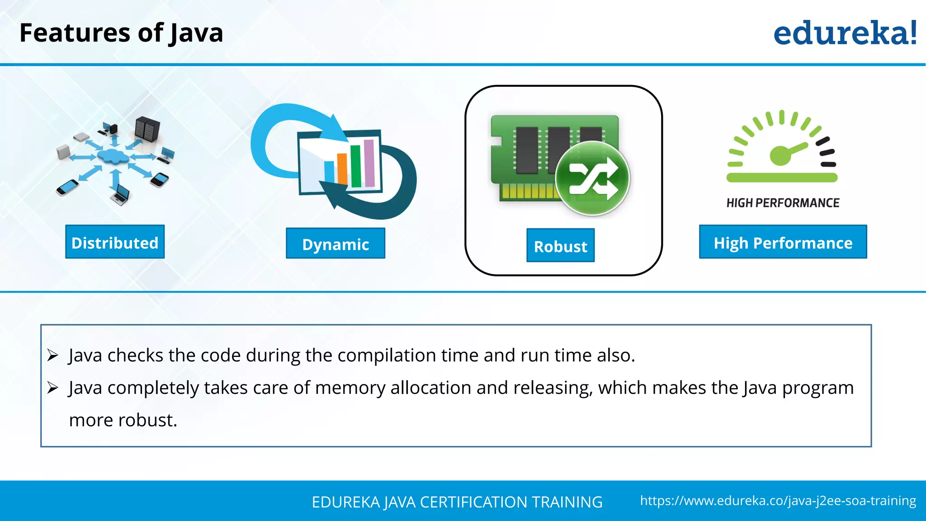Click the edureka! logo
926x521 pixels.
pyautogui.click(x=845, y=33)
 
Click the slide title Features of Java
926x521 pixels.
pyautogui.click(x=121, y=33)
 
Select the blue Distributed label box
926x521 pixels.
pyautogui.click(x=115, y=242)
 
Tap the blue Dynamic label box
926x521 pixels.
pyautogui.click(x=335, y=244)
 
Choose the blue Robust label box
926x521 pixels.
pyautogui.click(x=560, y=246)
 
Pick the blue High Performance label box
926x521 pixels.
pyautogui.click(x=783, y=242)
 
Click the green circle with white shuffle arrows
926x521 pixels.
pyautogui.click(x=592, y=178)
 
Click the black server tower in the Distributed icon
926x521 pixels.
pyautogui.click(x=147, y=128)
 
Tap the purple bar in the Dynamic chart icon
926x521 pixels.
pyautogui.click(x=369, y=163)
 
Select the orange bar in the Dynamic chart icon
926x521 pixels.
pyautogui.click(x=342, y=169)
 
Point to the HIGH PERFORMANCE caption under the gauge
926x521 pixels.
pyautogui.click(x=783, y=203)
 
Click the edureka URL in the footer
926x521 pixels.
pyautogui.click(x=778, y=501)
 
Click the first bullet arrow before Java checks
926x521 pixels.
pyautogui.click(x=53, y=355)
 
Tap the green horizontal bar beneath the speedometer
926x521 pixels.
pyautogui.click(x=782, y=178)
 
